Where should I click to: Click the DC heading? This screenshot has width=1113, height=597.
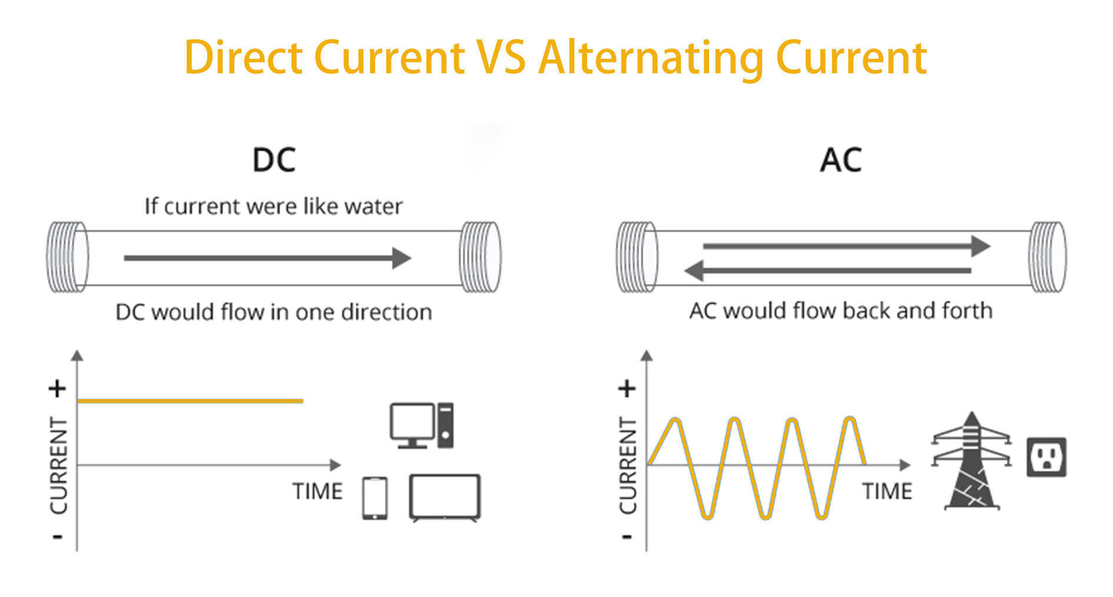[274, 160]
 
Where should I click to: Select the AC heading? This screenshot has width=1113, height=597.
[841, 160]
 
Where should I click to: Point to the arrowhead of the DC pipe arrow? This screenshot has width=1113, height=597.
[402, 258]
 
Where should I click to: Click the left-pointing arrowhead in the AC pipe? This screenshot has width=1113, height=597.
[694, 271]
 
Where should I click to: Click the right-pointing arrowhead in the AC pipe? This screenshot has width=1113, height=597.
[980, 246]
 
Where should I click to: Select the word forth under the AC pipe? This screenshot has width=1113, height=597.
[967, 310]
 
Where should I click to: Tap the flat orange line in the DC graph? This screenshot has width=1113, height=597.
[190, 401]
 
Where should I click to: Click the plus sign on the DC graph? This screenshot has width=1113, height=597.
[57, 389]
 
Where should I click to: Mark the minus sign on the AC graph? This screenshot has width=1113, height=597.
[627, 536]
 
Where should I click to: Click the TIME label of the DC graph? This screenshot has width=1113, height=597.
[317, 492]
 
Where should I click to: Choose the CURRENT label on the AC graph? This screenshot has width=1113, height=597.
[628, 465]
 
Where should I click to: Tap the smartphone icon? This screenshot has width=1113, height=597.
[375, 498]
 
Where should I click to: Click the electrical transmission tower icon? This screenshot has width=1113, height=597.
[972, 460]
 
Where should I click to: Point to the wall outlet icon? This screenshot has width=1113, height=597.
[1046, 457]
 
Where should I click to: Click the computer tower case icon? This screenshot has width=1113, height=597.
[445, 426]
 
